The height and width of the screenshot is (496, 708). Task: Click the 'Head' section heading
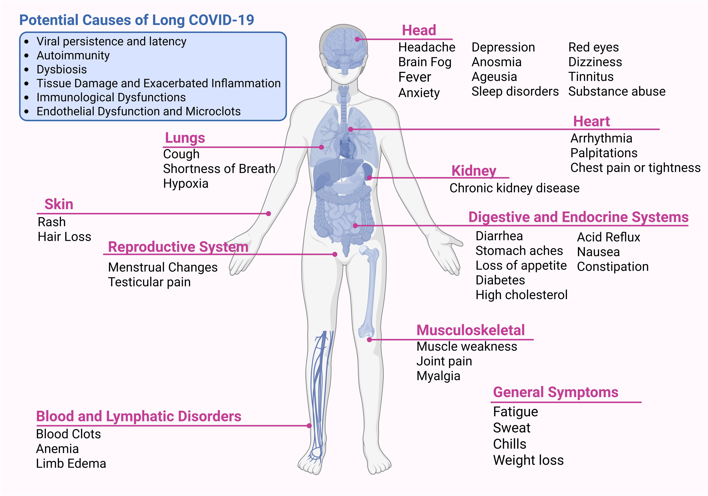[419, 31]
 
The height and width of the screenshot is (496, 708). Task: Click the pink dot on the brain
[357, 39]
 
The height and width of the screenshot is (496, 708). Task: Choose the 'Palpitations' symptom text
[604, 153]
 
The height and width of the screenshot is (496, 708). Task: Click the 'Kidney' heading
[474, 171]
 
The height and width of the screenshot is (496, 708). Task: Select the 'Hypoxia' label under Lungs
[186, 184]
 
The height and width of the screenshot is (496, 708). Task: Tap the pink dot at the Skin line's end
[269, 214]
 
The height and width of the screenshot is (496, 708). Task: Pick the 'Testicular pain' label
[149, 282]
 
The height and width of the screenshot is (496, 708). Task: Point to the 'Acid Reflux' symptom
[608, 237]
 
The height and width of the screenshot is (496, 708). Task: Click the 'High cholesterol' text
[521, 295]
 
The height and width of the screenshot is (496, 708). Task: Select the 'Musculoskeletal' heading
[470, 330]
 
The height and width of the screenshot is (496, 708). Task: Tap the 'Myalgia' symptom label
[438, 376]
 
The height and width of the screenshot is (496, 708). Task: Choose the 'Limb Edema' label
[71, 464]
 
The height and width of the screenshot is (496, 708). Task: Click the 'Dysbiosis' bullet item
[62, 69]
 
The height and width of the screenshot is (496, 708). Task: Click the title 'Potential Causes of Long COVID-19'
[137, 20]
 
